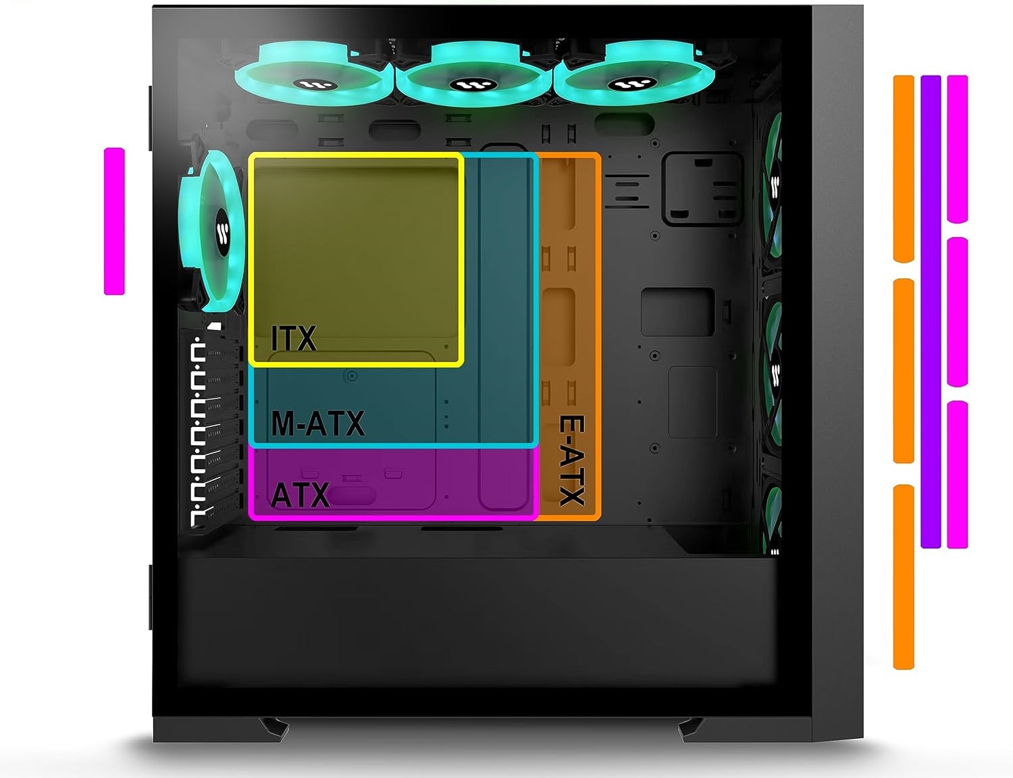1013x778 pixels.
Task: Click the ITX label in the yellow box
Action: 294,338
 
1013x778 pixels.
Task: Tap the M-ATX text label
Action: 317,423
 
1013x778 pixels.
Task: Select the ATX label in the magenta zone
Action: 300,495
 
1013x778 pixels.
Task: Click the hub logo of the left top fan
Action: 315,85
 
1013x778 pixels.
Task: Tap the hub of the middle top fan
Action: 465,85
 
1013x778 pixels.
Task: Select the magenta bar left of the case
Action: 114,221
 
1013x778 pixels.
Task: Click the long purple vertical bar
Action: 931,311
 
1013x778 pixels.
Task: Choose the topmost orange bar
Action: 904,168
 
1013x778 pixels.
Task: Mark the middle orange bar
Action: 904,371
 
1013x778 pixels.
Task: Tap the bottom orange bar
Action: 904,577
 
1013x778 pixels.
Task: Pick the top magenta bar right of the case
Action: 958,149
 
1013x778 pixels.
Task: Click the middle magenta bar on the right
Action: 958,311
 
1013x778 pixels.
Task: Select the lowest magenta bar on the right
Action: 958,474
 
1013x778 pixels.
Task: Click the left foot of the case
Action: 274,728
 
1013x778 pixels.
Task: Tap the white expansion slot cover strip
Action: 198,432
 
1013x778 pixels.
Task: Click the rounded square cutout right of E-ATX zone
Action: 702,188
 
